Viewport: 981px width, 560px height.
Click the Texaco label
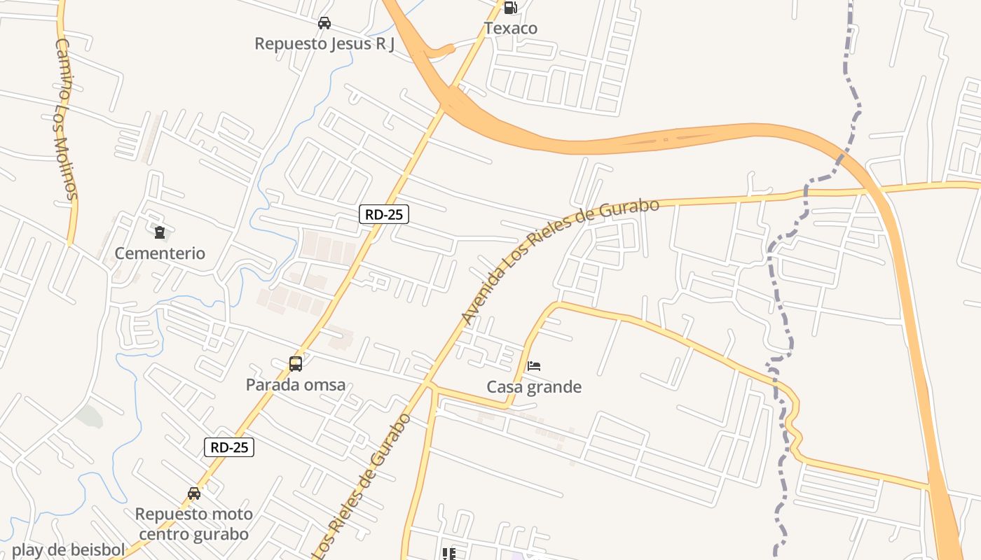pyautogui.click(x=510, y=29)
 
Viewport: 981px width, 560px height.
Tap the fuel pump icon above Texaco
pyautogui.click(x=510, y=8)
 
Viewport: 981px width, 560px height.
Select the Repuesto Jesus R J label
pyautogui.click(x=324, y=43)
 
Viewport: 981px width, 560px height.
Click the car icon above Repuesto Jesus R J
pyautogui.click(x=324, y=23)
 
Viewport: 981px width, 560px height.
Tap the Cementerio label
pyautogui.click(x=160, y=253)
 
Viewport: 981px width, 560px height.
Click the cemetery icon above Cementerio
pyautogui.click(x=160, y=232)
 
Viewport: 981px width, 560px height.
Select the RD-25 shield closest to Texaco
pyautogui.click(x=384, y=214)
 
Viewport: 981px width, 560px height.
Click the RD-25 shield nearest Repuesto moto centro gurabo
pyautogui.click(x=229, y=447)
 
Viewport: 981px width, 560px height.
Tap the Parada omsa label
pyautogui.click(x=296, y=385)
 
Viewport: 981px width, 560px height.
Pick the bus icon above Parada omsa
pyautogui.click(x=296, y=364)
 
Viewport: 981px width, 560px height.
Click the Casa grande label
pyautogui.click(x=534, y=387)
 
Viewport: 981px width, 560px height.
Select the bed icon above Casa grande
pyautogui.click(x=534, y=365)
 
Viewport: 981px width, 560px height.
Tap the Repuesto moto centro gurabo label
pyautogui.click(x=194, y=524)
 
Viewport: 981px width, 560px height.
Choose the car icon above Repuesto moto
pyautogui.click(x=194, y=493)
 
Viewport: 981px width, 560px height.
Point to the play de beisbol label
pyautogui.click(x=68, y=550)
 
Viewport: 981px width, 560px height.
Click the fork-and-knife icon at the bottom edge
pyautogui.click(x=449, y=554)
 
